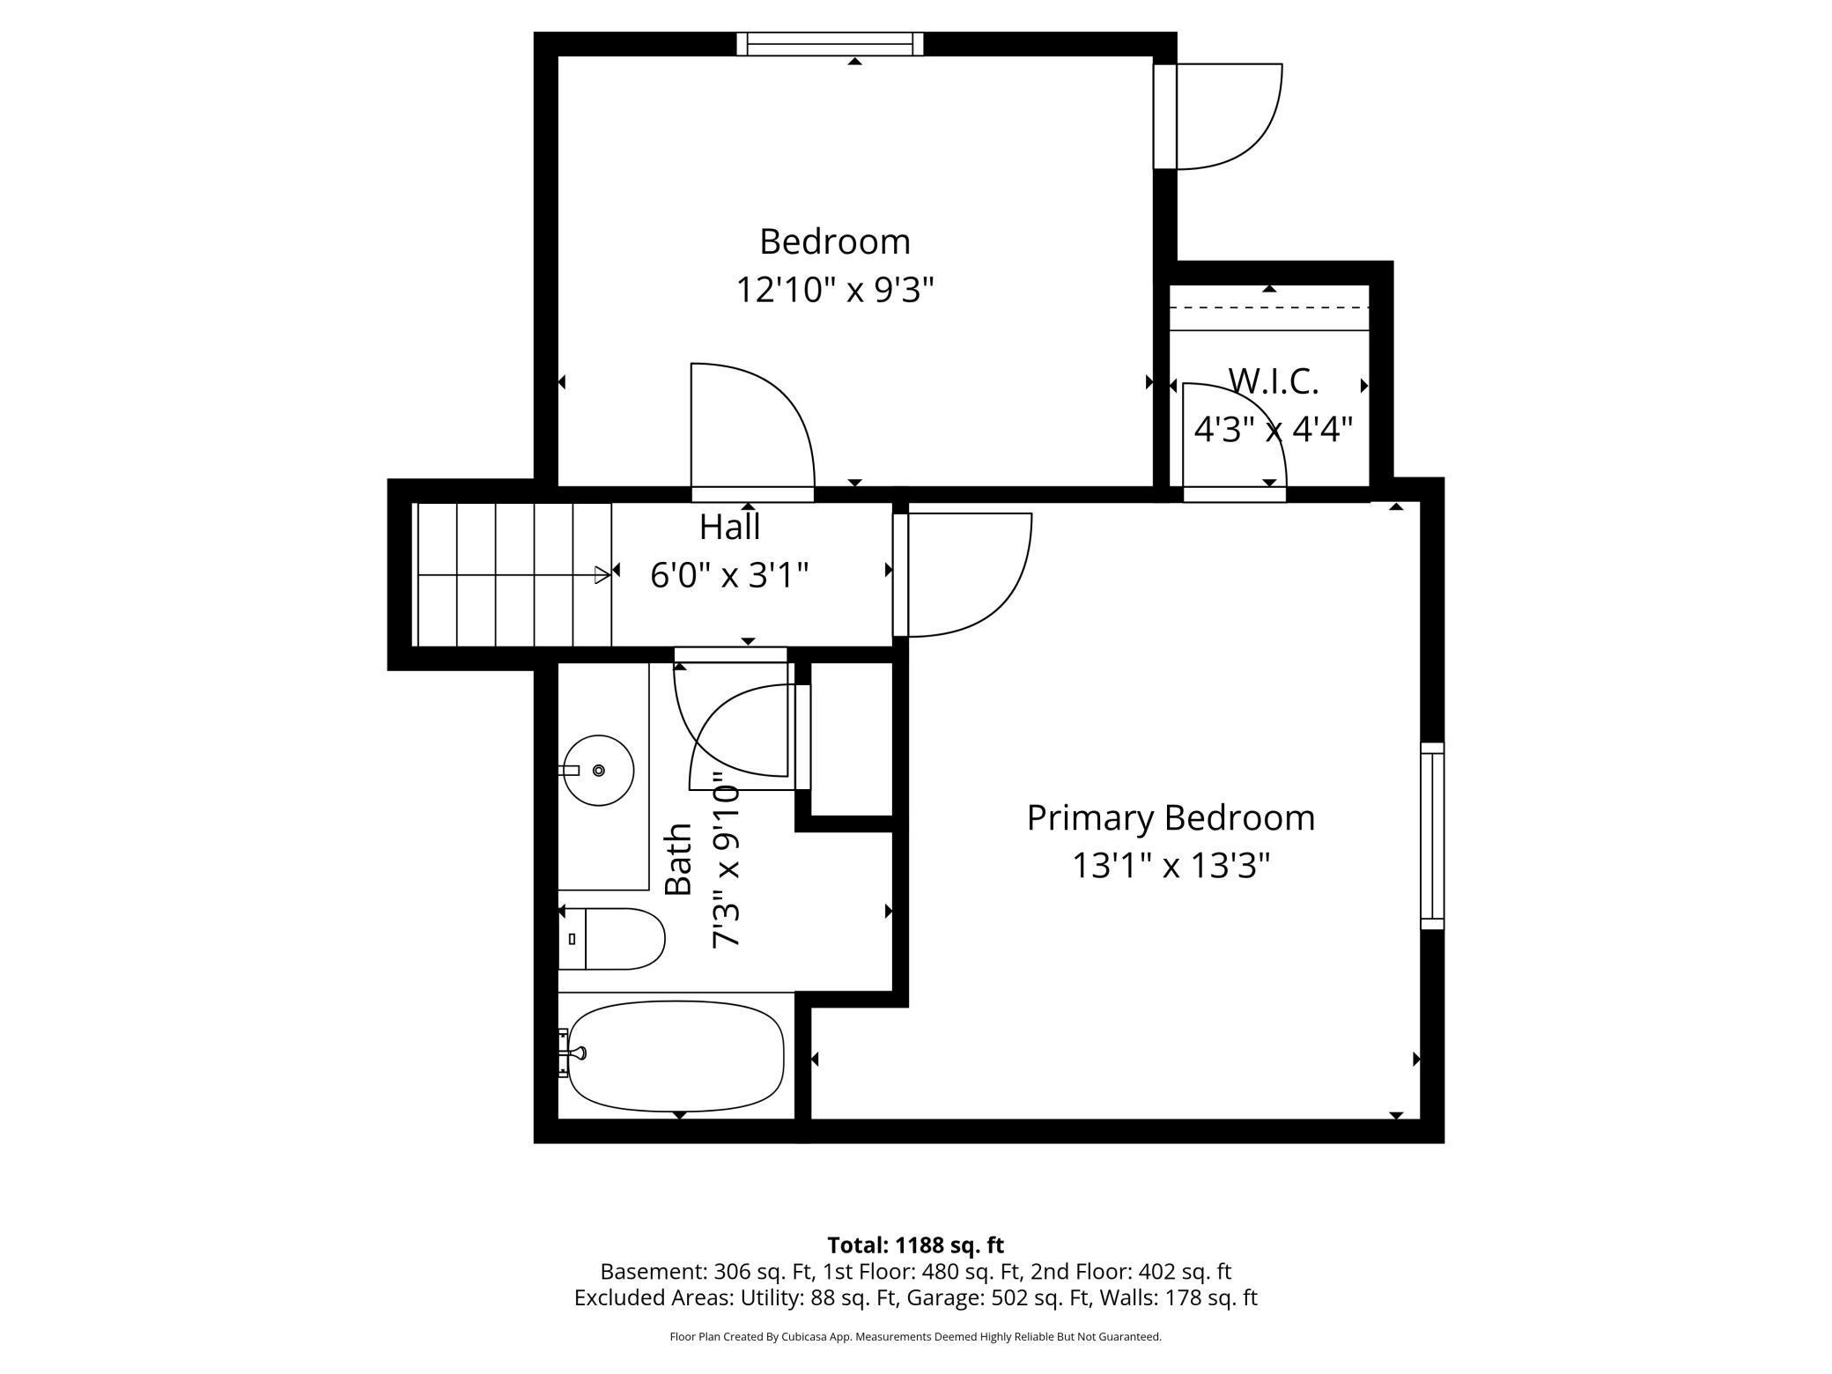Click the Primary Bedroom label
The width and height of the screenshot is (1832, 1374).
point(1171,818)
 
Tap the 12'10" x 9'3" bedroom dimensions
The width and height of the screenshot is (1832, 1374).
point(834,289)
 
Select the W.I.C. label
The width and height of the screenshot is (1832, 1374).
point(1274,381)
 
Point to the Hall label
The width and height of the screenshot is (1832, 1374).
point(729,527)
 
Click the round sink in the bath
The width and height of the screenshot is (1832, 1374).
point(599,771)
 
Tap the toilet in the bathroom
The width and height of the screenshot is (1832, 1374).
point(611,939)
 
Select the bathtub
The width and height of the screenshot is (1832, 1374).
point(676,1055)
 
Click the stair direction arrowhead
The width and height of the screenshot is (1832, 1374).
point(602,575)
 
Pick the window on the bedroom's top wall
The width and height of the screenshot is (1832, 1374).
point(830,44)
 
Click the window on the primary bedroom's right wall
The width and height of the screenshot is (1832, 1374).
point(1432,836)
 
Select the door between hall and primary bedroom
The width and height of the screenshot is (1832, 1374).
point(963,574)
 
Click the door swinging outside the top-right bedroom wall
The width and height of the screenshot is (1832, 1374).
point(1218,116)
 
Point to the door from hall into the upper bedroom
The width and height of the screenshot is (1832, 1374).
point(753,432)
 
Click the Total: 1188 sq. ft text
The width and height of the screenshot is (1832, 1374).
point(915,1245)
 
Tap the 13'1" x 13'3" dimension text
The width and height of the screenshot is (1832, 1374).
point(1171,866)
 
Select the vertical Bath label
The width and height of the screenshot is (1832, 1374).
point(678,860)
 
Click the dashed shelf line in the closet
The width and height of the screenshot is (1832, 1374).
point(1269,307)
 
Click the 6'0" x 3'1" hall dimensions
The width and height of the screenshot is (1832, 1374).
point(729,576)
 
